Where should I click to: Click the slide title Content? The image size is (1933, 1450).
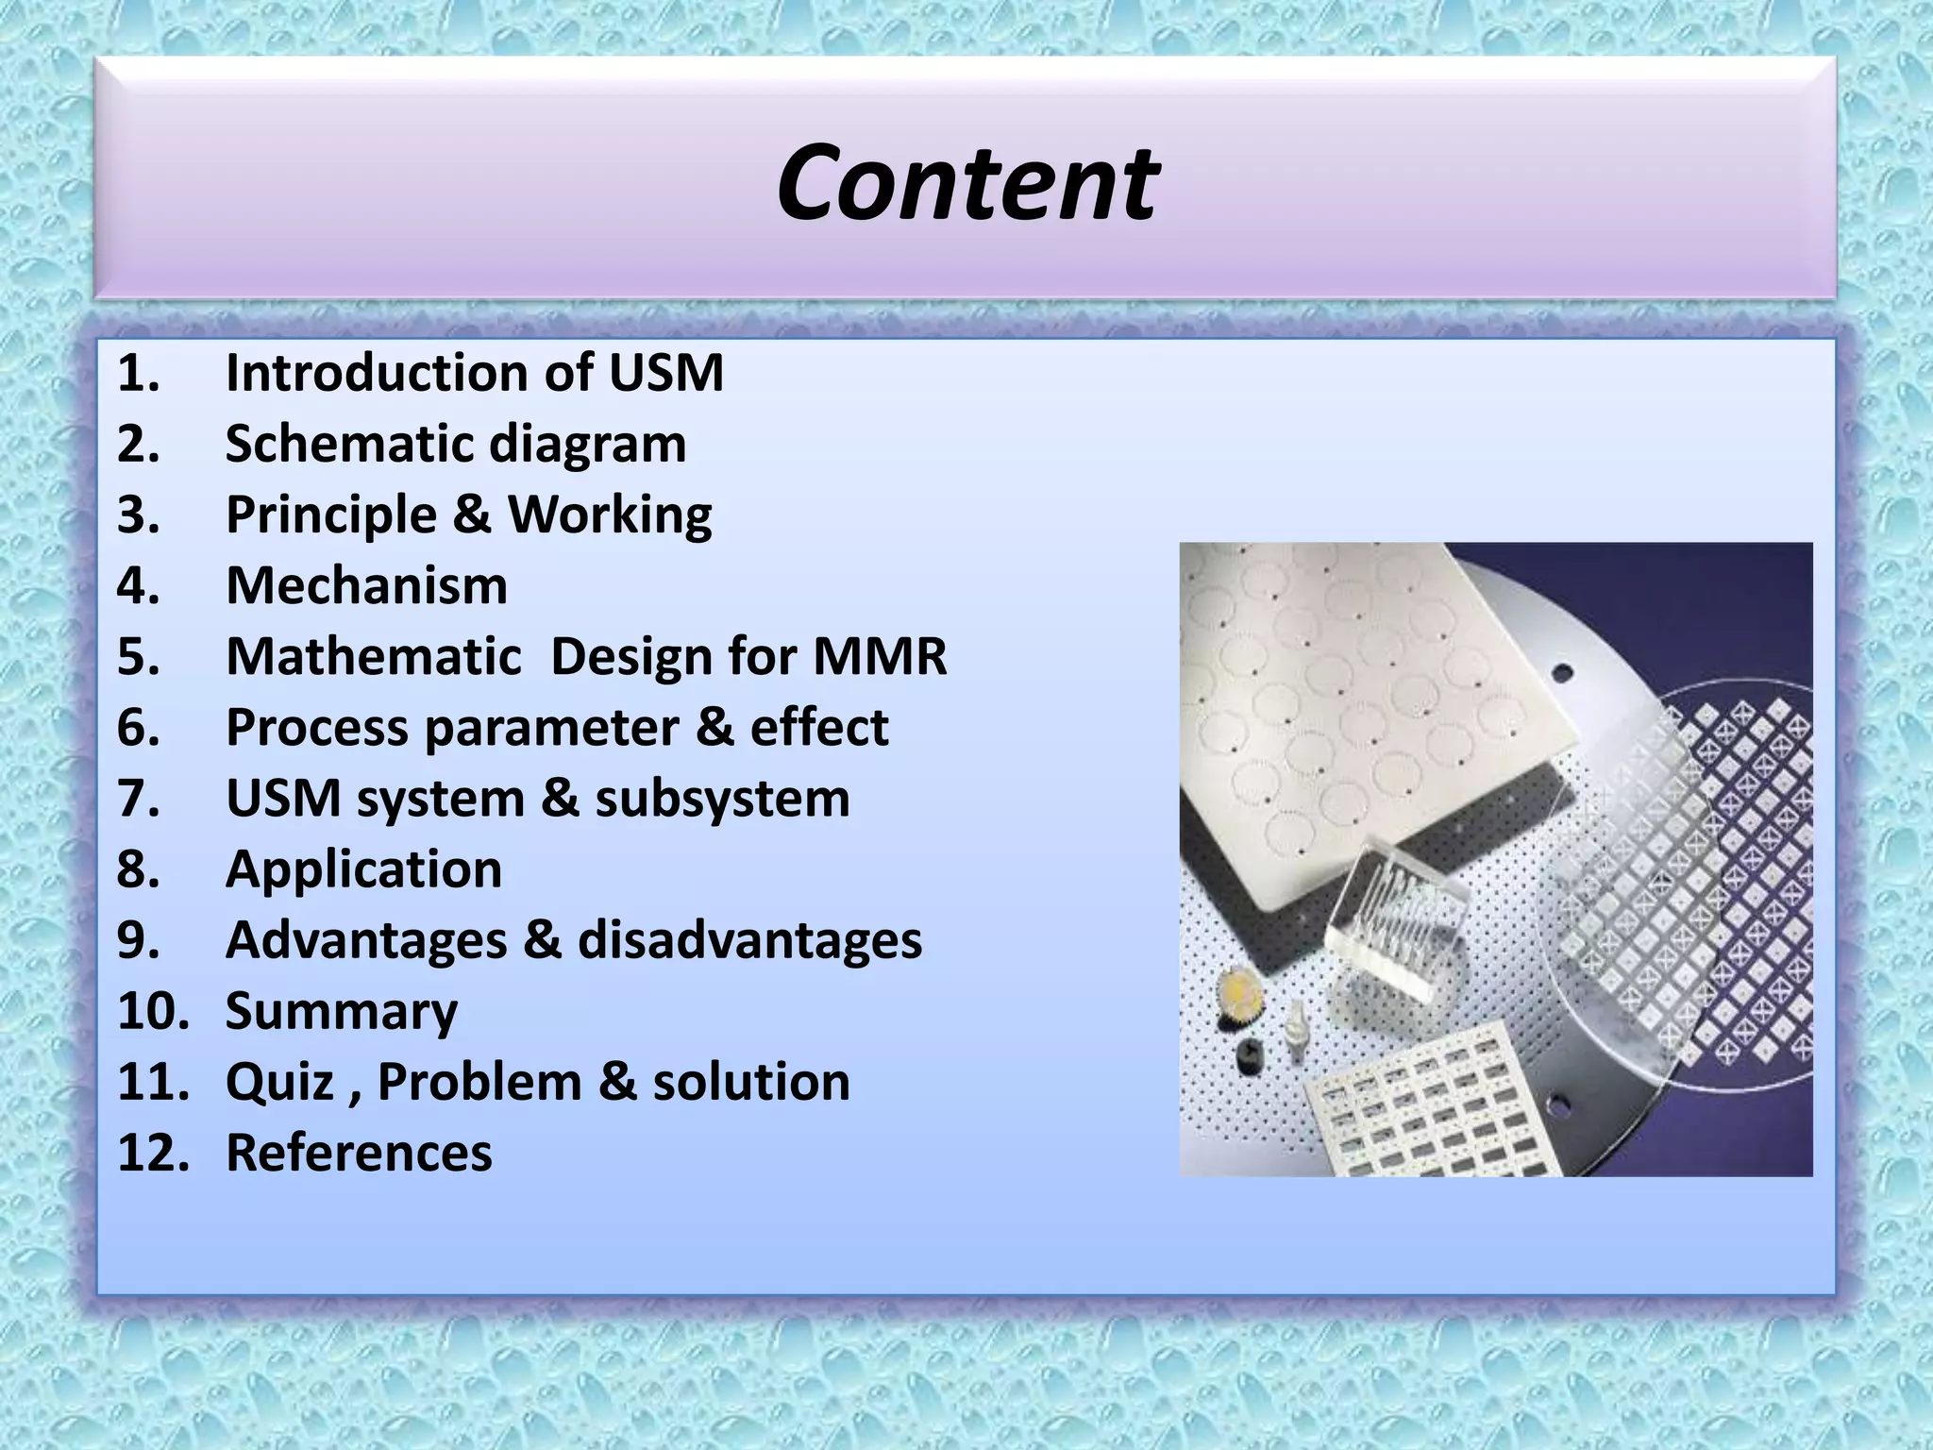tap(966, 183)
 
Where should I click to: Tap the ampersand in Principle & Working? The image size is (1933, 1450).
tap(472, 515)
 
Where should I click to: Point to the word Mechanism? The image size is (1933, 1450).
tap(366, 586)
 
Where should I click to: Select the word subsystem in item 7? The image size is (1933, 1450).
tap(722, 800)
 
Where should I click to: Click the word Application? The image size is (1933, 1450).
tap(363, 870)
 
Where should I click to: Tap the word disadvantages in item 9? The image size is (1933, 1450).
tap(749, 941)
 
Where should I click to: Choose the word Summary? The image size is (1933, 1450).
tap(342, 1012)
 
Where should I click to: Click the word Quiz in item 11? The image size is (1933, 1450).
tap(279, 1083)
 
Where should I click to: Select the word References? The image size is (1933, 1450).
tap(359, 1154)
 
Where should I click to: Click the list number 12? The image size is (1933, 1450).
tap(151, 1154)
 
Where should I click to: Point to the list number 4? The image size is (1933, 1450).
tap(138, 586)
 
